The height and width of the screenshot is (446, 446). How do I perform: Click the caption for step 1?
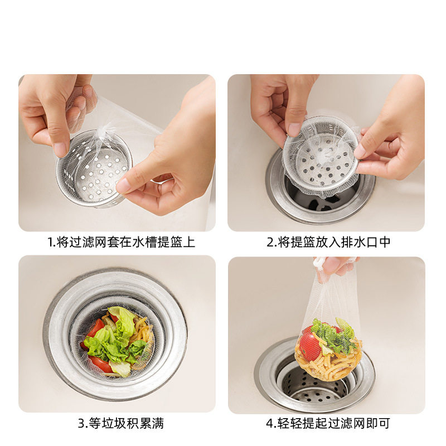coord(121,243)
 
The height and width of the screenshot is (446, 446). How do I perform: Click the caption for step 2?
coord(328,243)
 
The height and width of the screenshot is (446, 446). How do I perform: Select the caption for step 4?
coord(328,423)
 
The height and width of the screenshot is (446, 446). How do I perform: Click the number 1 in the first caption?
coord(50,243)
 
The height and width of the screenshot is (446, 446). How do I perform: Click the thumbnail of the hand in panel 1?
coord(60,148)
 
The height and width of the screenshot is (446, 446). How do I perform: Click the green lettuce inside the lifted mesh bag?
coord(333,336)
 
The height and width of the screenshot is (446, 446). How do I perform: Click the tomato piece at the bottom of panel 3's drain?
coord(100,364)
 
